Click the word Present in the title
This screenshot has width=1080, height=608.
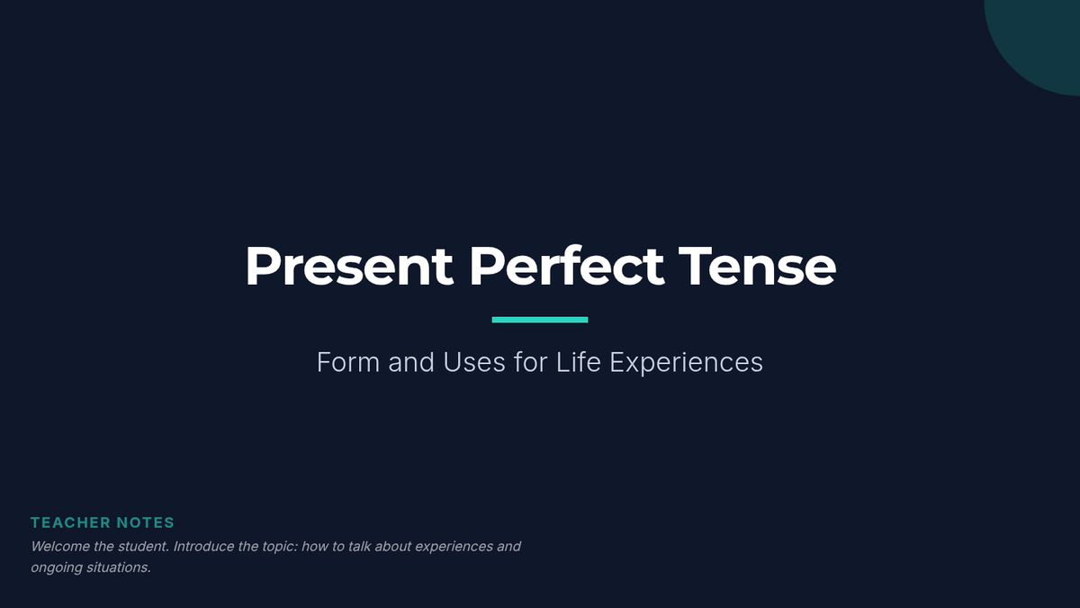[x=349, y=267]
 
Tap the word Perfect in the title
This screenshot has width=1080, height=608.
[x=566, y=266]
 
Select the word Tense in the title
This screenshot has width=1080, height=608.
[x=757, y=267]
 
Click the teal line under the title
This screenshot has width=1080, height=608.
[x=539, y=320]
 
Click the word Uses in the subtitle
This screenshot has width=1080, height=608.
[x=474, y=362]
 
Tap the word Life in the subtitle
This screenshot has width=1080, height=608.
[x=579, y=362]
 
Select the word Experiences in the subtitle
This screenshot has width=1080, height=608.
[x=687, y=363]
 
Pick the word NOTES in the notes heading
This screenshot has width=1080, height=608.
[x=145, y=522]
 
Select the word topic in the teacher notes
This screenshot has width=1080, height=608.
[x=280, y=547]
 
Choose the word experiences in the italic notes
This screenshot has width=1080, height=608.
[x=454, y=548]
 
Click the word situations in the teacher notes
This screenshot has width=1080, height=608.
[x=118, y=567]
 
